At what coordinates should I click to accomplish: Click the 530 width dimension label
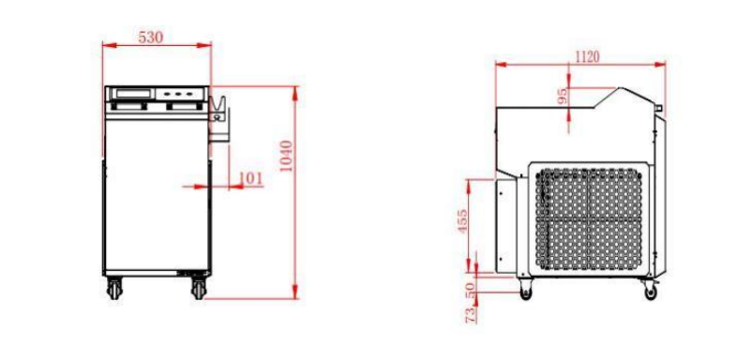pyautogui.click(x=151, y=38)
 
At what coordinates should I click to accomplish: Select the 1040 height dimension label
pyautogui.click(x=286, y=156)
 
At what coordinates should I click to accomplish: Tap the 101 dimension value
pyautogui.click(x=251, y=178)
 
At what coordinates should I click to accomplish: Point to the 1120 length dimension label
pyautogui.click(x=587, y=57)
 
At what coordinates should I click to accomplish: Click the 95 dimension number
pyautogui.click(x=563, y=96)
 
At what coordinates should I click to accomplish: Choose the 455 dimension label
pyautogui.click(x=462, y=221)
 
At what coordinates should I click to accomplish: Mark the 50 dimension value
pyautogui.click(x=470, y=289)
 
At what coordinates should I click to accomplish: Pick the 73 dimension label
pyautogui.click(x=471, y=314)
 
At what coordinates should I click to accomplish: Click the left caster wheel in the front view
pyautogui.click(x=114, y=288)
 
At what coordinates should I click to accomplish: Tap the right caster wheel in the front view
pyautogui.click(x=198, y=288)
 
